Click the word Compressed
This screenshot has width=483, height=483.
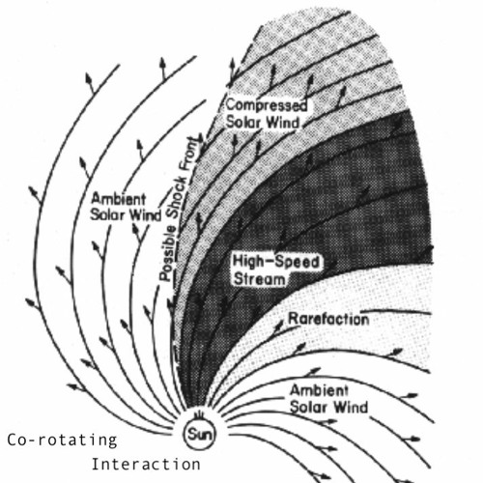click(x=267, y=106)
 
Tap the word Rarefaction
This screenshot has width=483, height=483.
click(x=328, y=319)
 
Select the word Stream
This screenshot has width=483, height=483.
click(x=260, y=279)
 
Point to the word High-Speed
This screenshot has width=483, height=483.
click(x=276, y=262)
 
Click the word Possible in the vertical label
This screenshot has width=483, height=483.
click(x=168, y=253)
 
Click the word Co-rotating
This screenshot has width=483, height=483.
click(x=62, y=440)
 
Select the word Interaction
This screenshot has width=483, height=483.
click(x=146, y=465)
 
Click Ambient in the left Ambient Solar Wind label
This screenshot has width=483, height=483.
click(x=118, y=199)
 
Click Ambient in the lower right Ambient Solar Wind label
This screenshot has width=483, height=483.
click(x=319, y=390)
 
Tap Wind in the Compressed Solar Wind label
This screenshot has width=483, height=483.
click(x=284, y=123)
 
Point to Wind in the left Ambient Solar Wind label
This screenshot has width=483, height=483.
click(x=145, y=214)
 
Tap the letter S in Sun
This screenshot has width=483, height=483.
click(x=191, y=435)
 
